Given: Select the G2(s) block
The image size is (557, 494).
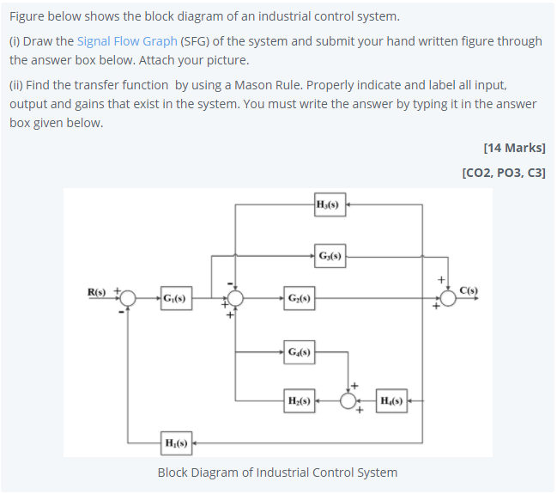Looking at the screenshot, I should (300, 300).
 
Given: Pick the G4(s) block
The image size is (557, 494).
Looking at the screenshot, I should (300, 351).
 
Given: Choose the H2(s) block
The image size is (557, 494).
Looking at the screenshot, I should (300, 400).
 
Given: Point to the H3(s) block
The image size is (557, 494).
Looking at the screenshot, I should (330, 204).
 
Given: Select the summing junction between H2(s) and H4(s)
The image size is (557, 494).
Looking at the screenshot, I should (348, 400).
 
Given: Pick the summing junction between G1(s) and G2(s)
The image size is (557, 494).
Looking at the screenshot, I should (235, 299).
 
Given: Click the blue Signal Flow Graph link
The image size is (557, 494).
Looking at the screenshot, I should (127, 41).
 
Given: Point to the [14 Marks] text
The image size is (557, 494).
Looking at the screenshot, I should (514, 148).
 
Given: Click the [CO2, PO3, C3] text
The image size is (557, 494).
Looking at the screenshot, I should (503, 172).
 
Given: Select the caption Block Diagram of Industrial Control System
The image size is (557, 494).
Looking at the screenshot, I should (277, 473).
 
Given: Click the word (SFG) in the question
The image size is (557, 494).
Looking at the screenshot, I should (198, 41).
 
